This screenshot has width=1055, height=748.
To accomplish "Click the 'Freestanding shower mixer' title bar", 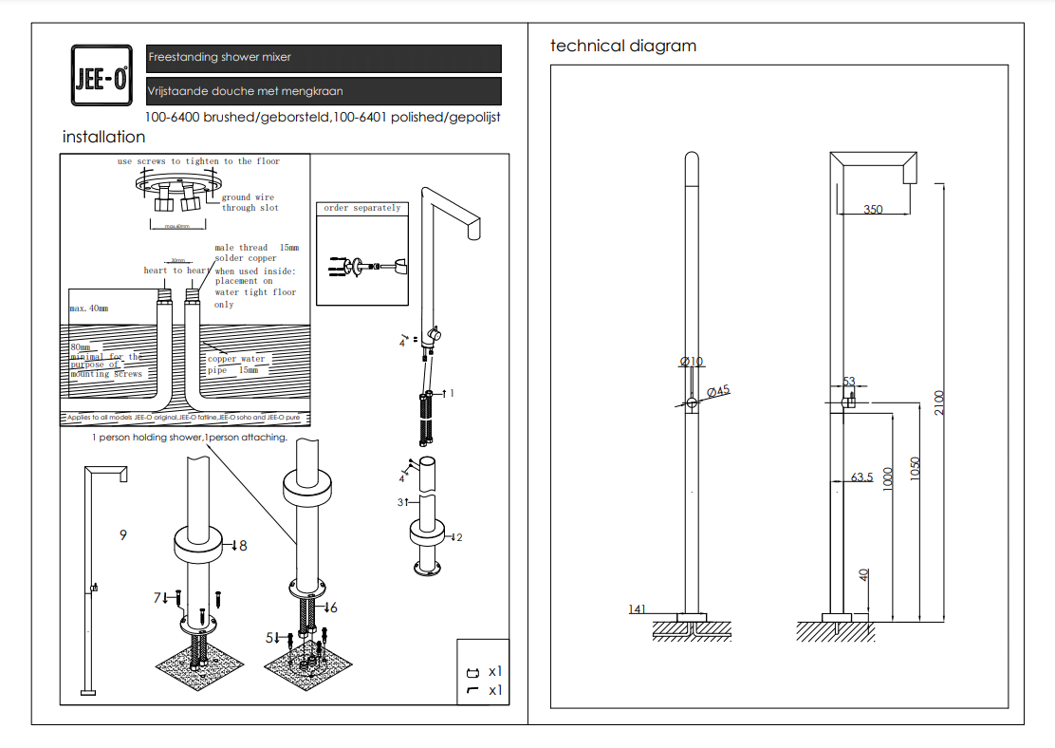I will tap(324, 58).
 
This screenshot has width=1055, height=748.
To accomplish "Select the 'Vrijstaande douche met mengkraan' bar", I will tap(324, 91).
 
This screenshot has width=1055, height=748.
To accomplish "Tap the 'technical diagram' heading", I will tap(623, 46).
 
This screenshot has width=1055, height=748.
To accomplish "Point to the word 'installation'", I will tap(103, 137).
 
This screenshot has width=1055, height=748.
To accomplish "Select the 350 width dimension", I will tap(873, 209).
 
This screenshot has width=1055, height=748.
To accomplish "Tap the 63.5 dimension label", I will tap(861, 477).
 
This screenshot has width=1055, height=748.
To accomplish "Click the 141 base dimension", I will tap(637, 608).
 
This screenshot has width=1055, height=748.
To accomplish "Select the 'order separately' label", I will tap(362, 208).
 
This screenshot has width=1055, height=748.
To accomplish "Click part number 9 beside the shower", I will tap(123, 535).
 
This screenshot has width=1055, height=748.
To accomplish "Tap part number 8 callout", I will tap(243, 546).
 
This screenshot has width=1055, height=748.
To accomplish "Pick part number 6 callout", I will tap(333, 607).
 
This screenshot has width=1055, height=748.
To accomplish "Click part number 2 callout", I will tap(459, 537).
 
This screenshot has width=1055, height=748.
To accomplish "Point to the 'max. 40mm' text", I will tap(89, 309).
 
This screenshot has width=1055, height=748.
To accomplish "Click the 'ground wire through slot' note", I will tap(250, 202).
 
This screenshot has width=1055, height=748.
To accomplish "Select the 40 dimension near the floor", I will tap(863, 574).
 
